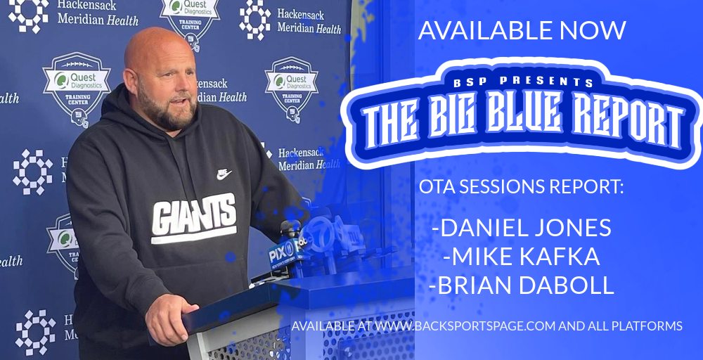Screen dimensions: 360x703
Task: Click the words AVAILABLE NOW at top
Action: point(522,30)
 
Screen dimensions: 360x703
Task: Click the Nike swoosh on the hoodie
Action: point(224,174)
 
